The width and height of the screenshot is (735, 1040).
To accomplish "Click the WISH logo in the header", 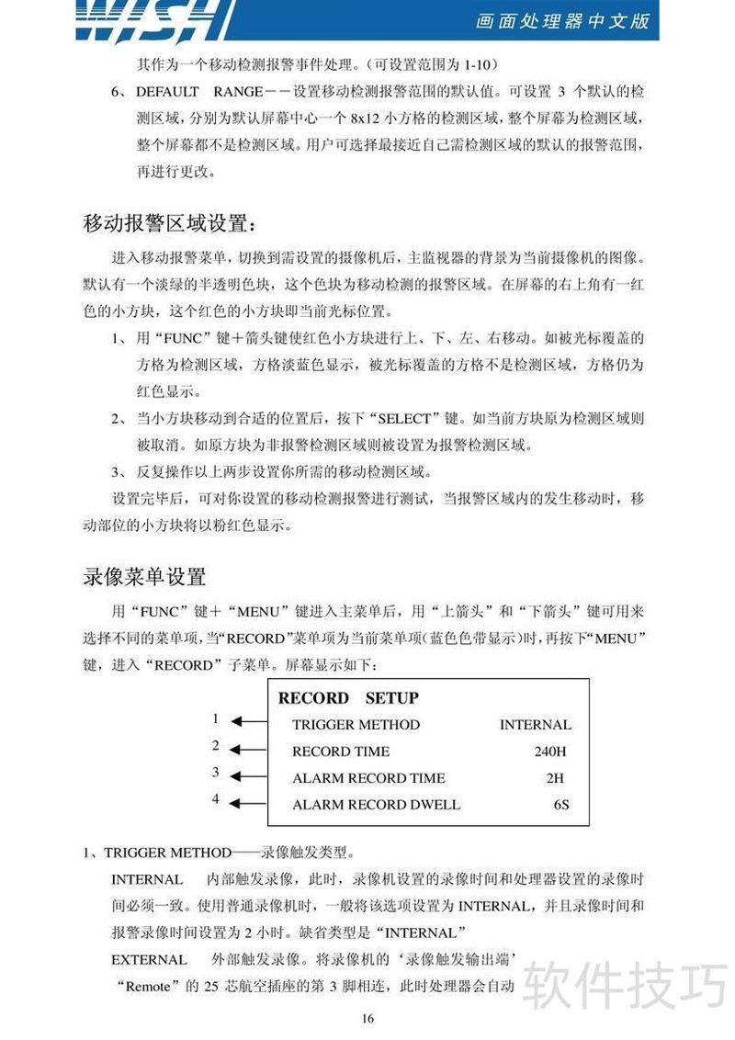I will point(152,20).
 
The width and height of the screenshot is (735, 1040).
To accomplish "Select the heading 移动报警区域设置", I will point(165,223).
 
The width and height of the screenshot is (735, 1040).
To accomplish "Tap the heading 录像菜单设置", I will point(144,577).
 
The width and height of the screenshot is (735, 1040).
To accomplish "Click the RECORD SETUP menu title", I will point(348,698).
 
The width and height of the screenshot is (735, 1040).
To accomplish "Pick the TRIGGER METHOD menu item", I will point(356,725).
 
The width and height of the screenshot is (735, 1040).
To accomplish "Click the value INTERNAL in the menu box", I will point(535,725).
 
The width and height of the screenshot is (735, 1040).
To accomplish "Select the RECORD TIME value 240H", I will point(549,752).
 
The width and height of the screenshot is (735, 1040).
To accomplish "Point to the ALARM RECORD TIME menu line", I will point(368,778).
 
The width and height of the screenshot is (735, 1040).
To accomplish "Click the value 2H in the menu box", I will point(554,778).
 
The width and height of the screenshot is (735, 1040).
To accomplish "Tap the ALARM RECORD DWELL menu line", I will point(376,805).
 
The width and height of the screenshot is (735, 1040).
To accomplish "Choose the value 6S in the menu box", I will point(561,805).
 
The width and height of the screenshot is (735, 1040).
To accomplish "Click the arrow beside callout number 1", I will point(245,723).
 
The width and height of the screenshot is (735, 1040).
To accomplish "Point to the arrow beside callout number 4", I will point(245,804).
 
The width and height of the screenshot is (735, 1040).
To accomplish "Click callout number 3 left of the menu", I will point(216,773).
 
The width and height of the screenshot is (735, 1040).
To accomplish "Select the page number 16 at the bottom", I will point(367,1017).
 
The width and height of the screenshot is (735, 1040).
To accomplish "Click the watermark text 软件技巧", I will point(625,986).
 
